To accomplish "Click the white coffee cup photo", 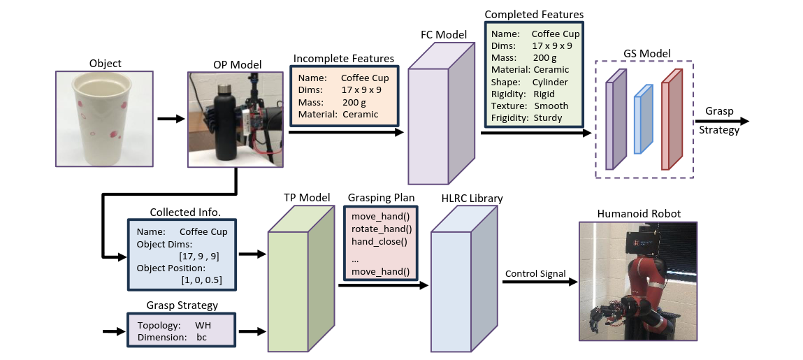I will click(105, 119).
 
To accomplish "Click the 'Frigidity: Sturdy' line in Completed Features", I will click(526, 118).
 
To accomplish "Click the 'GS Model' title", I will click(646, 54).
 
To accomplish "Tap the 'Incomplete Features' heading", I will click(344, 59).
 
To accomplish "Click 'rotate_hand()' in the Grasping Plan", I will click(380, 229).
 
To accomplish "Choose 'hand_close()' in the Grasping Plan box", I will click(379, 242).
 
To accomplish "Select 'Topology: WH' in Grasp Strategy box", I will click(175, 326).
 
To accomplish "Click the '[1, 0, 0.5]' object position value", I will click(202, 280).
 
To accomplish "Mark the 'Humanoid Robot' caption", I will click(638, 214).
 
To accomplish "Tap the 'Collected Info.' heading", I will click(182, 212).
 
